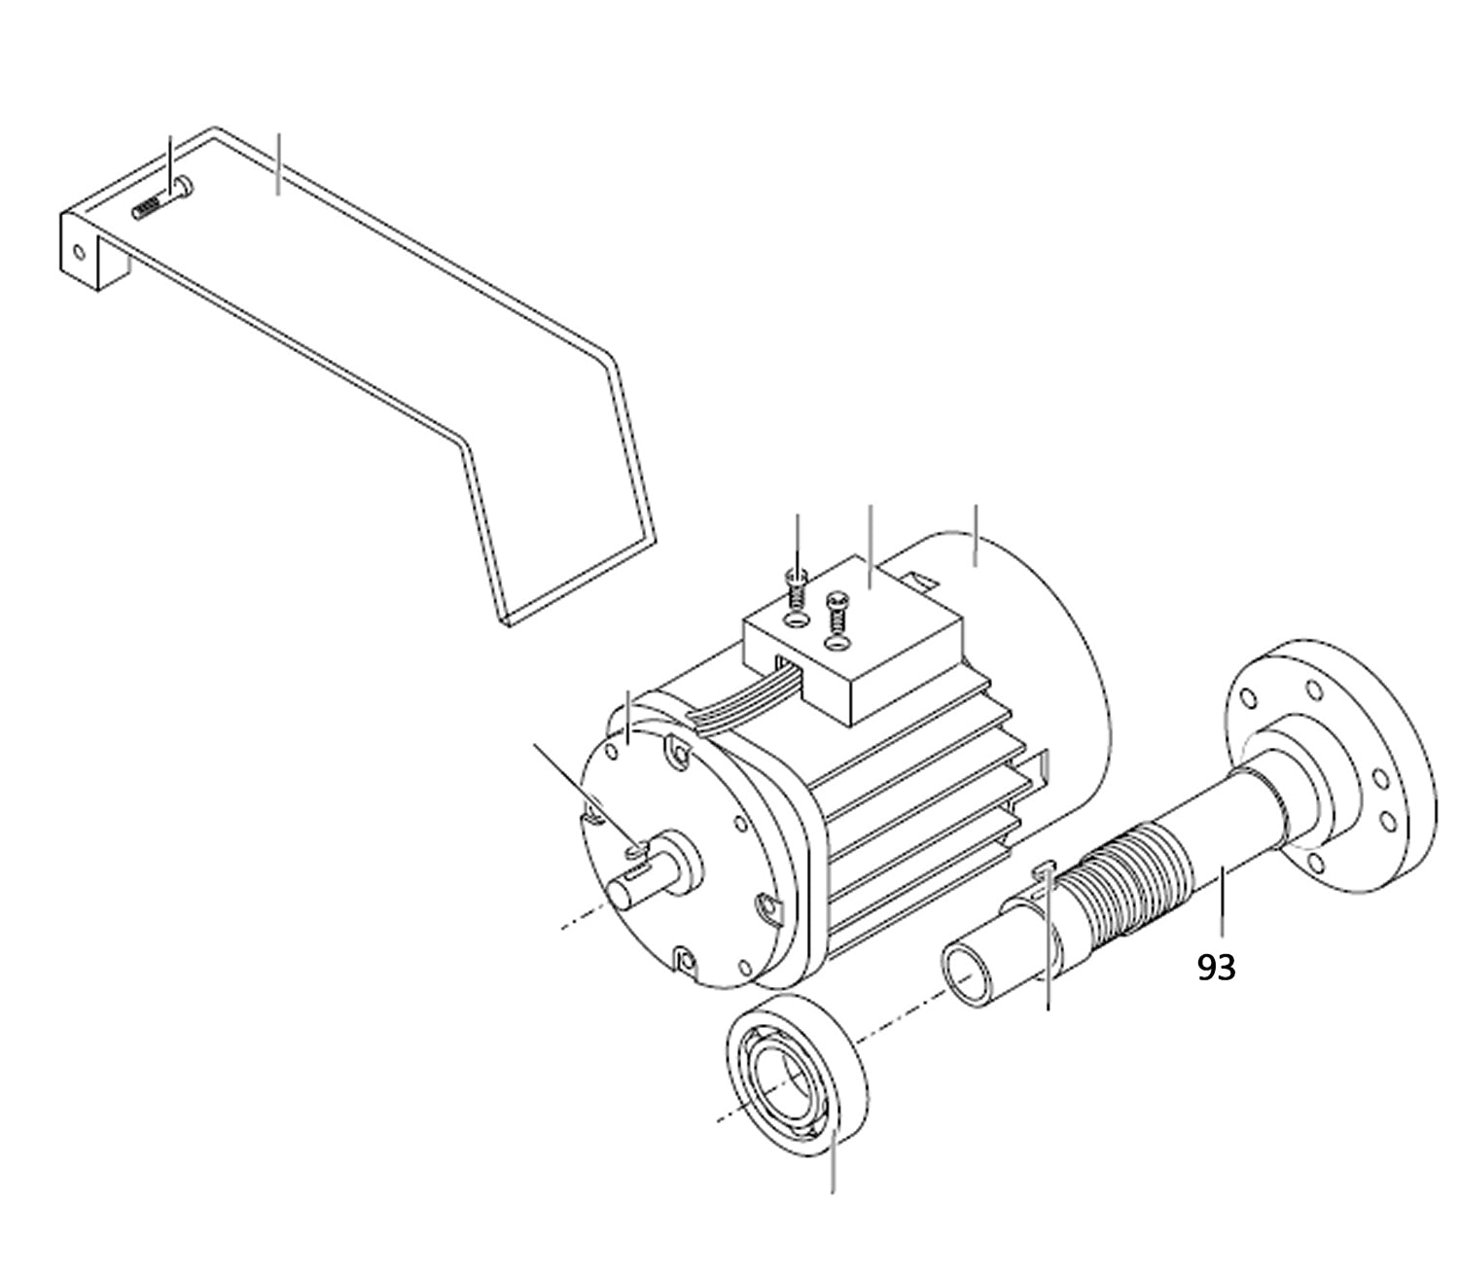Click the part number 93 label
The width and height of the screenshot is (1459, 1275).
[x=1216, y=968]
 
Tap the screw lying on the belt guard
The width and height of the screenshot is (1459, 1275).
[x=162, y=198]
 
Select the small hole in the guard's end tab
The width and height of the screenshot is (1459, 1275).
[x=79, y=251]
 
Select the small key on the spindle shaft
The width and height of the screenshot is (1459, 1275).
[x=1046, y=868]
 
